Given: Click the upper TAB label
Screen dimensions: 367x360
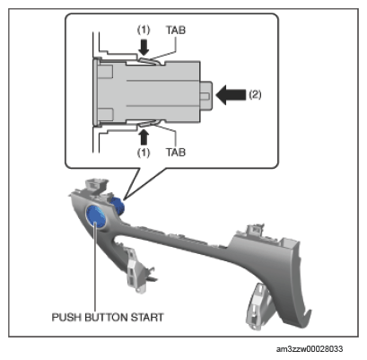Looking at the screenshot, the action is [x=176, y=30].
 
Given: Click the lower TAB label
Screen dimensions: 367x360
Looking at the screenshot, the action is [x=176, y=153].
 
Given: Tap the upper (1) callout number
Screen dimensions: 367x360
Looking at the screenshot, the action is [x=144, y=30].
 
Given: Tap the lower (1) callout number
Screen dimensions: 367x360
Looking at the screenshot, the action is [x=144, y=153].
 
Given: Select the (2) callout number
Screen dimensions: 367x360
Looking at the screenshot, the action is [x=255, y=95].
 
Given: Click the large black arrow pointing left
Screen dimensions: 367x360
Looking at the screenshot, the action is [x=231, y=95].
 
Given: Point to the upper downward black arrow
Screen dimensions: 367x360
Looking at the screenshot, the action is [x=144, y=48].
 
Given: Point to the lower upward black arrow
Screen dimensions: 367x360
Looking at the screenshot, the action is [x=144, y=137].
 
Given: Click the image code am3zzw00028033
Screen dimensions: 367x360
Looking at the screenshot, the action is [x=310, y=349].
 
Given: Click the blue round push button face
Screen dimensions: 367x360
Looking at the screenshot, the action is [x=96, y=215].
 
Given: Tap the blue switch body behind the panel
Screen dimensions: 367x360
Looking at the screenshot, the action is [x=118, y=205].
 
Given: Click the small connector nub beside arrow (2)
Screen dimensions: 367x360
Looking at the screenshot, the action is [x=206, y=96].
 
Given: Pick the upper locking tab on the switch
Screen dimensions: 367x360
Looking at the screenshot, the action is [x=149, y=61].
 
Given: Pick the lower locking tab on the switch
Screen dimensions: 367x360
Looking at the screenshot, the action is [x=149, y=123].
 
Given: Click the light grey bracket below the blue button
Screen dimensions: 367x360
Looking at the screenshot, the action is [x=137, y=270].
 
